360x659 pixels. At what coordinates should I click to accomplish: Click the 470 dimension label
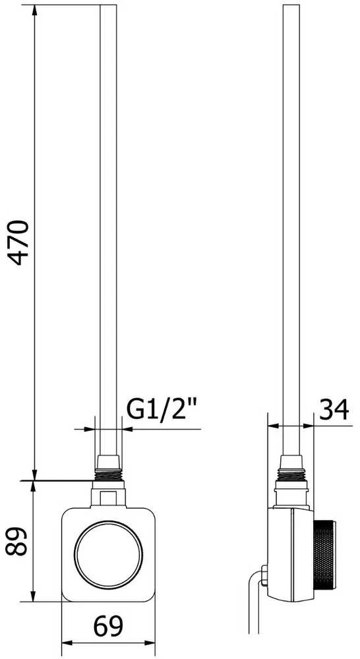click(x=19, y=242)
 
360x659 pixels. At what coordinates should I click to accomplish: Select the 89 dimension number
click(x=17, y=541)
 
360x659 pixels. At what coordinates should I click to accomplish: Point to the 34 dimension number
click(x=334, y=409)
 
